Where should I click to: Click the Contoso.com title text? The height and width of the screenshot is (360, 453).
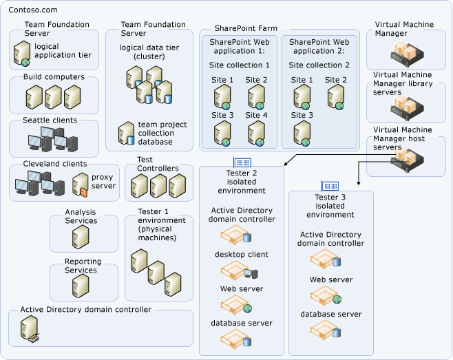point(33,10)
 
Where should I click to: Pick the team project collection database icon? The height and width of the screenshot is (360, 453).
point(126,132)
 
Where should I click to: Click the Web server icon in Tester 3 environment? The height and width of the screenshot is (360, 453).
point(324,296)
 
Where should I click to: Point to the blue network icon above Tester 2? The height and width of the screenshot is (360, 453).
point(242,162)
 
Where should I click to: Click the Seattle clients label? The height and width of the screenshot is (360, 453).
point(50,120)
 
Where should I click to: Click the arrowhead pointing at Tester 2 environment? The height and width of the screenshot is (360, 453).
point(284,165)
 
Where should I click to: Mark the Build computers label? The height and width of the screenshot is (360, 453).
point(54,77)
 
